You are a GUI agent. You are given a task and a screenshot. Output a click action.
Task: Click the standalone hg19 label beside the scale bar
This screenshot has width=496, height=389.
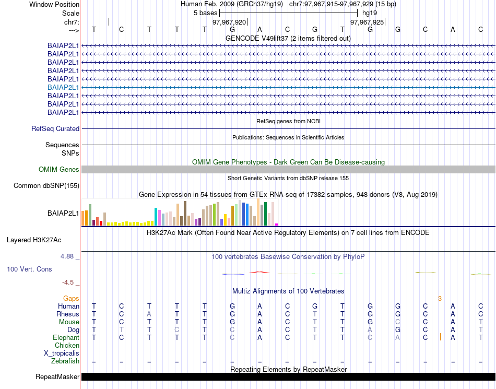370,13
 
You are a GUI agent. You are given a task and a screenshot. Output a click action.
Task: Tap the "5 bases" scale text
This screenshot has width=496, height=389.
205,13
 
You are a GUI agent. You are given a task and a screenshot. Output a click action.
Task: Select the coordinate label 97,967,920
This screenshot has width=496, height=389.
229,22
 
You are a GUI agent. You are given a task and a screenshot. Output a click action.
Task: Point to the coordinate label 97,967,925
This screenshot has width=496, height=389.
367,22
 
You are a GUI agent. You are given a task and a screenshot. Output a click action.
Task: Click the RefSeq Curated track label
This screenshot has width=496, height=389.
55,128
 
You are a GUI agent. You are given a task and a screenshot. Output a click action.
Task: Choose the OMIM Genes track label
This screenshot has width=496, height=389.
59,169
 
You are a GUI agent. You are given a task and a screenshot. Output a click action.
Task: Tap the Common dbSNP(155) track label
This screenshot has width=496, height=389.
46,185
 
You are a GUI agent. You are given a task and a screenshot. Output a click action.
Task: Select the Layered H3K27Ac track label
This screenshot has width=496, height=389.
34,240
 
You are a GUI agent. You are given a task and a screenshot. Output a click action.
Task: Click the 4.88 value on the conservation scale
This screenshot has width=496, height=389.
67,256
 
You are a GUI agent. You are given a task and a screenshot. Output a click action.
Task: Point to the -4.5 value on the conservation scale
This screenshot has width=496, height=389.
68,282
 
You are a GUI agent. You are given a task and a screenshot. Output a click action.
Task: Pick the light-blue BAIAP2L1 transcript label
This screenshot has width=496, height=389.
63,87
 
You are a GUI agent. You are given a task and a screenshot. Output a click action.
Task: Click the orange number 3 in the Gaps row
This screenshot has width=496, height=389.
440,299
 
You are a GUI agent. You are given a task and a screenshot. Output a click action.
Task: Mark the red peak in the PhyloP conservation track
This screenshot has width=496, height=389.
259,272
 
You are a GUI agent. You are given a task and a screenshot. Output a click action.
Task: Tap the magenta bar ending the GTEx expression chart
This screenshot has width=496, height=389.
277,225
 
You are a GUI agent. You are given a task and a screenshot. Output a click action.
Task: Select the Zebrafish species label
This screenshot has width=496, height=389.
65,361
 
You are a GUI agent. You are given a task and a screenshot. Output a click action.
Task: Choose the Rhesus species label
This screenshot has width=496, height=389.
68,314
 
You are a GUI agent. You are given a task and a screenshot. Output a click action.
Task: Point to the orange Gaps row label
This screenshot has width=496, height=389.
71,298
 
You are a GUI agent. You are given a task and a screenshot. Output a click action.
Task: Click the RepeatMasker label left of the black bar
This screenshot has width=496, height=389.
57,376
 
